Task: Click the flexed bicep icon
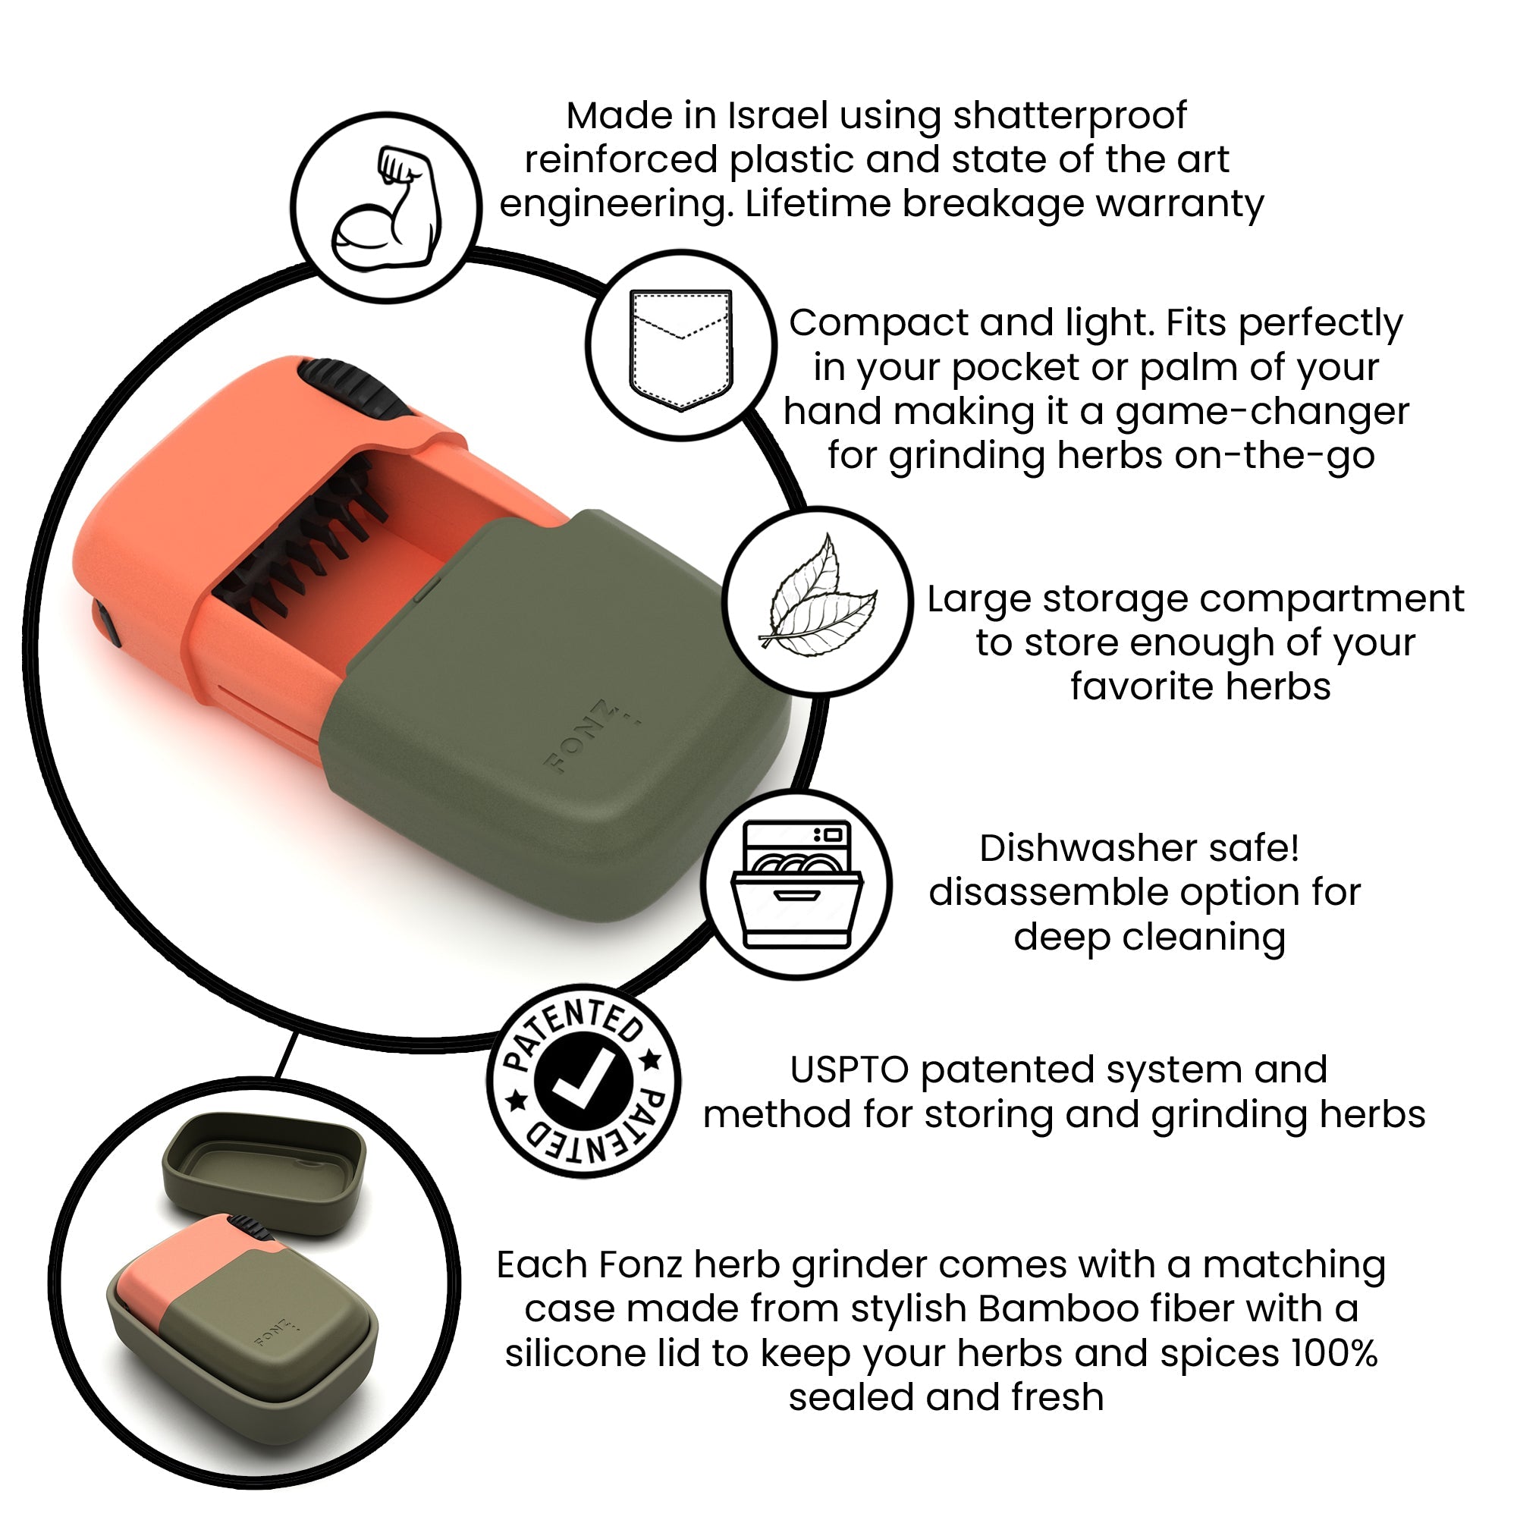tap(386, 208)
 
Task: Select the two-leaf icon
tap(818, 601)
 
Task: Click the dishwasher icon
tap(797, 885)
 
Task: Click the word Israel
tap(777, 116)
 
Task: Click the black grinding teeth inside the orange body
tap(306, 542)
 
